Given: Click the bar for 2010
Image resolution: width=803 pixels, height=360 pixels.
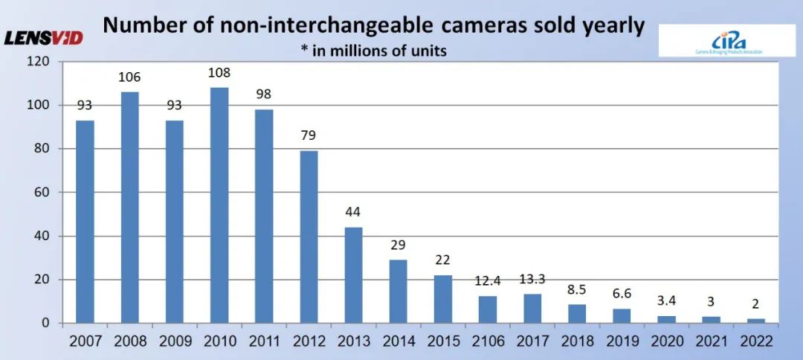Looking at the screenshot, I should tap(219, 205).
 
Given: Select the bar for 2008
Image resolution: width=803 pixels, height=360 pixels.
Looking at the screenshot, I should tap(129, 208).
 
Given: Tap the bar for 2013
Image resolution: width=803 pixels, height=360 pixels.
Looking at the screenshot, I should tap(353, 275).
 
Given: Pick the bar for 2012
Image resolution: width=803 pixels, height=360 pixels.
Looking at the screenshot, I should tap(309, 237).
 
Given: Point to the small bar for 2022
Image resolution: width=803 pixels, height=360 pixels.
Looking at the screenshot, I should tap(756, 321).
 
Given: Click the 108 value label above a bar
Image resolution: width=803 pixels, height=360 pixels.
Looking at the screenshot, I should tap(219, 73).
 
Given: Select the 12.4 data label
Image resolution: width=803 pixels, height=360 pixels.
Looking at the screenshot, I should tap(488, 281).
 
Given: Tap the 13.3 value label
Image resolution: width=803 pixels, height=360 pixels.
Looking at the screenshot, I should tap(532, 279).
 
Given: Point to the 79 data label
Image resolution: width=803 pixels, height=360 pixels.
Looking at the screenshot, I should tap(309, 136).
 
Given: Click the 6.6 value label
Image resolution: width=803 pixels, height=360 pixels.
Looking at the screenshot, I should tap(622, 294).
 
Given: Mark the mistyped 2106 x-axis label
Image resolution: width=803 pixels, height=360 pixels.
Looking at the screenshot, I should tap(488, 341).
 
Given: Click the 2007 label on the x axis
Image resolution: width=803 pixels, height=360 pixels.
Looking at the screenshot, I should tap(85, 341).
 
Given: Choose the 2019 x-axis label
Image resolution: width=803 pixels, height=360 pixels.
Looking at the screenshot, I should tap(622, 341).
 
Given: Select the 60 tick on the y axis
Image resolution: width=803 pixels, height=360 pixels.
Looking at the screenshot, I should tap(42, 193).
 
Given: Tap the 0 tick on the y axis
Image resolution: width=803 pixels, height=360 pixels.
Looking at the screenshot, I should tap(45, 324).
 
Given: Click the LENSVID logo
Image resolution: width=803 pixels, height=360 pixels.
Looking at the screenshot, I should tap(44, 37).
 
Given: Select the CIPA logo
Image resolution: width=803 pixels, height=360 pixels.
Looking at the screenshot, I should tap(717, 40).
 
